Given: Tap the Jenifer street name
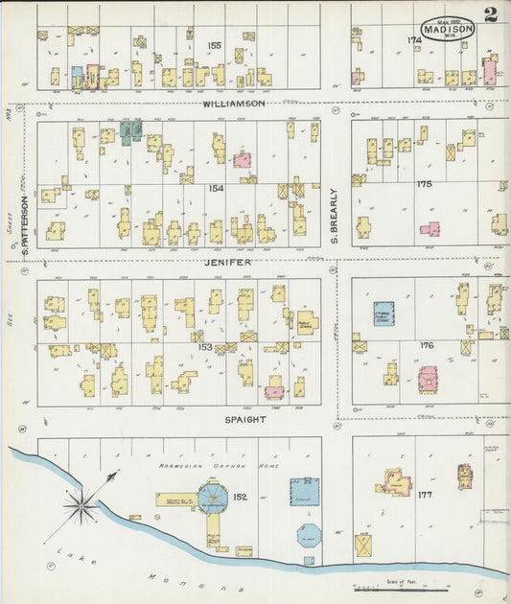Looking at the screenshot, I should [227, 262].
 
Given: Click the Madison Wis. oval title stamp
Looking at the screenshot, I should [449, 29].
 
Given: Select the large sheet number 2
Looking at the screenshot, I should [491, 15].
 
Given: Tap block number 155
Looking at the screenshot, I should [214, 45].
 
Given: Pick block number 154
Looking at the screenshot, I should [216, 189].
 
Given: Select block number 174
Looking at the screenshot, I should [414, 40].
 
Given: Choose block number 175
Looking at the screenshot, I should [425, 183].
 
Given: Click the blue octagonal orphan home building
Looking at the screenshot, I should [211, 498].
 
